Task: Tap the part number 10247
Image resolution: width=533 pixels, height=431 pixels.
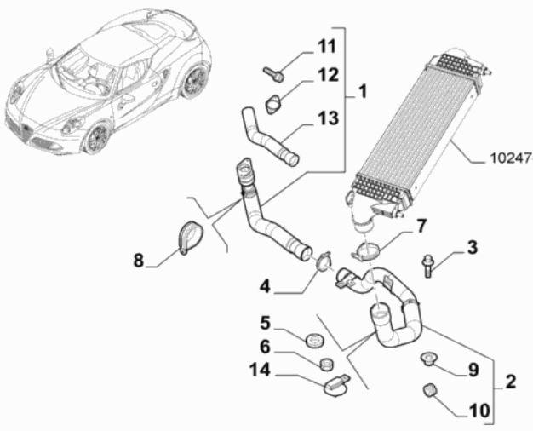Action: (511, 158)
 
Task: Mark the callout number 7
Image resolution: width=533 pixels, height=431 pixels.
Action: (420, 227)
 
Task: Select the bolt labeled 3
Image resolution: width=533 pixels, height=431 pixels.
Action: (428, 266)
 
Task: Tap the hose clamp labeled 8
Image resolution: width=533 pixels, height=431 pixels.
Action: (188, 238)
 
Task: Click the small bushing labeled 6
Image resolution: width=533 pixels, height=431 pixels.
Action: (325, 365)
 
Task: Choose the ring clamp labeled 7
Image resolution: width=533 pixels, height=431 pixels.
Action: (367, 253)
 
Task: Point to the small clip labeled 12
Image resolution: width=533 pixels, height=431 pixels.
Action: (274, 103)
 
